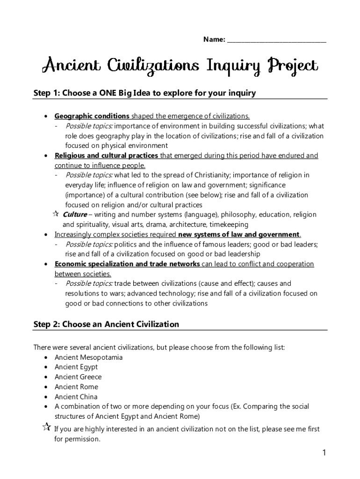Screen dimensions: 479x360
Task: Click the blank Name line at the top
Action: (276, 41)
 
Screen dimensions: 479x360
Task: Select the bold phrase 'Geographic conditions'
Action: (92, 116)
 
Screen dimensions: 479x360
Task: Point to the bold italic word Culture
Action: (75, 215)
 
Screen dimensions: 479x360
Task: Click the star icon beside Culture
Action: (55, 214)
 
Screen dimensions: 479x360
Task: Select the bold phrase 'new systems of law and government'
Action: (239, 234)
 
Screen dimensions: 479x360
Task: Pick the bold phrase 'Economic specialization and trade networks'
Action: (127, 264)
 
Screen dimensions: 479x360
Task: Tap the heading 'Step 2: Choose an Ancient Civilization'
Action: (106, 324)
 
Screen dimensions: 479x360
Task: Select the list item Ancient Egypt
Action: (76, 367)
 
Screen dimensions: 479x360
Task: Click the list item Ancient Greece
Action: (78, 377)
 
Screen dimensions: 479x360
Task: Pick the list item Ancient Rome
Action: (76, 387)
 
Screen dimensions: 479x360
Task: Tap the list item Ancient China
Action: (76, 397)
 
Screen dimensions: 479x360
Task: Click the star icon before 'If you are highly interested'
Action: (46, 427)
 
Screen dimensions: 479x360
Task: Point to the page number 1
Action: (324, 452)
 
